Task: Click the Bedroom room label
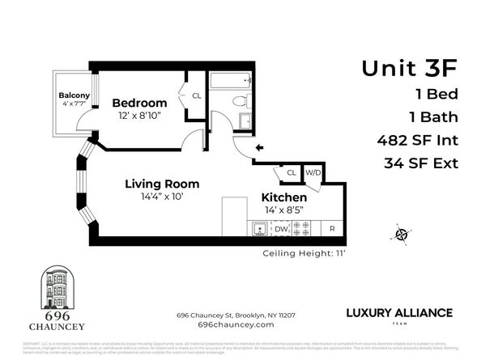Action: (x=139, y=103)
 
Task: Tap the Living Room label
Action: (x=162, y=184)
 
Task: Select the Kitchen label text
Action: (x=283, y=197)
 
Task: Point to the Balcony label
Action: (x=74, y=95)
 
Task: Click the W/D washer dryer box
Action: (x=312, y=172)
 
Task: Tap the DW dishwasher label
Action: (x=280, y=230)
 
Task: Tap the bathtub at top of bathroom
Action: (x=232, y=81)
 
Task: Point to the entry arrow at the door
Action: (x=260, y=148)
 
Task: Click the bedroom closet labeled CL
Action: (x=196, y=95)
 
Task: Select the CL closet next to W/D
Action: (x=291, y=172)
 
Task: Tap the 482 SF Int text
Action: (x=418, y=139)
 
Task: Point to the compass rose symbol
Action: (x=400, y=235)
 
